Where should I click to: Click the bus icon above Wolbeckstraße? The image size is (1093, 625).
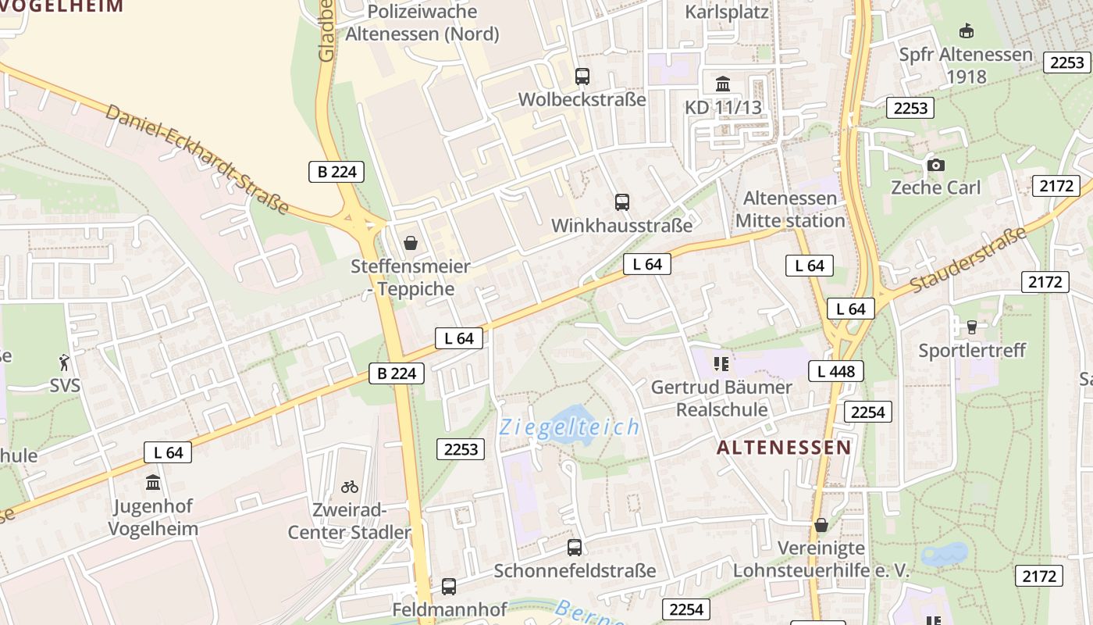(x=582, y=77)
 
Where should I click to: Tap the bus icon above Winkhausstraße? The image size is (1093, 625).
(x=622, y=202)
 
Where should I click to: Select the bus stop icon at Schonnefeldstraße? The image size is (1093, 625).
(x=575, y=547)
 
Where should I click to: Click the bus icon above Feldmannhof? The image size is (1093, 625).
(x=449, y=586)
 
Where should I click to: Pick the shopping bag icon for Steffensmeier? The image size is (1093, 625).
(x=411, y=243)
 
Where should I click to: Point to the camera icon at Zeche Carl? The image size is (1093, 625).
(x=935, y=165)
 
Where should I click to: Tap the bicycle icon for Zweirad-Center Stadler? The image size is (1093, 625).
(x=350, y=487)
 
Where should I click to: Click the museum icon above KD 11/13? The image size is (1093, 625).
(x=723, y=84)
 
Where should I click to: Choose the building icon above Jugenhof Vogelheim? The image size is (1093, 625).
(x=153, y=482)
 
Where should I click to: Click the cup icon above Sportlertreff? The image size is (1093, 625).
(x=972, y=327)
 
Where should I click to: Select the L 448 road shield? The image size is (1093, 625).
(x=836, y=371)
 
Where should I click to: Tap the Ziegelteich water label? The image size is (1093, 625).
(x=570, y=427)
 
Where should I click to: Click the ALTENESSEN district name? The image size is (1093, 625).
(x=784, y=448)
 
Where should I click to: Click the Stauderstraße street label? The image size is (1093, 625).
(x=969, y=261)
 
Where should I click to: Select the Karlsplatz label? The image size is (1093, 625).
(x=727, y=12)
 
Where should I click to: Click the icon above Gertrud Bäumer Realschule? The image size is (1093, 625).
(x=721, y=363)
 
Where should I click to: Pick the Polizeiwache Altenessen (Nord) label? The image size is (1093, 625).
(x=422, y=23)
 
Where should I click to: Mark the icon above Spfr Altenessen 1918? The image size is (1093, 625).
(x=967, y=31)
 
